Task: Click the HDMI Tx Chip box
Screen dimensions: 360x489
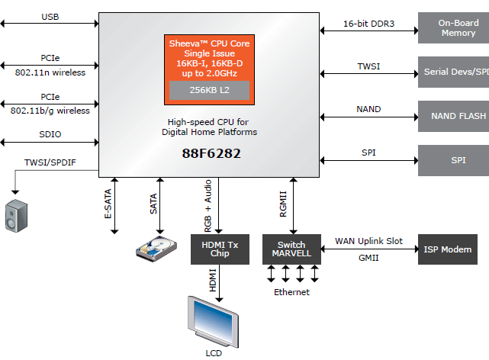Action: (220, 249)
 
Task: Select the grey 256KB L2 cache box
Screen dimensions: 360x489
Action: (208, 90)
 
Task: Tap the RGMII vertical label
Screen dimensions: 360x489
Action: (283, 204)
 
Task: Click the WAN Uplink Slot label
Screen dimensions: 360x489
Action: (368, 241)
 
